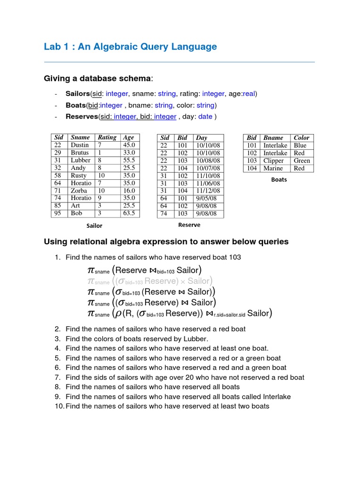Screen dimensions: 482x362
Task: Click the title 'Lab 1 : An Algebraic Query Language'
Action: [x=130, y=47]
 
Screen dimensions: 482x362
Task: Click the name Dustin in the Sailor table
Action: [x=80, y=145]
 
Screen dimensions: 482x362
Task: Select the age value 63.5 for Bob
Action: [x=129, y=213]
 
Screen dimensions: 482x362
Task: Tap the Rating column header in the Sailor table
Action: [x=107, y=137]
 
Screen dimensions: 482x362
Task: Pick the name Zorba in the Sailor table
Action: [x=79, y=191]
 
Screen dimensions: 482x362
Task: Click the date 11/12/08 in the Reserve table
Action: [x=208, y=191]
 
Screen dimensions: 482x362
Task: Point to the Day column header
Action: [x=202, y=138]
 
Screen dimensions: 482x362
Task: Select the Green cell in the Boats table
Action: [x=302, y=161]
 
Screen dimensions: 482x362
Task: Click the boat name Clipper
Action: [x=273, y=161]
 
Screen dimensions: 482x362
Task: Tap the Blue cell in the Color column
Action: [x=300, y=145]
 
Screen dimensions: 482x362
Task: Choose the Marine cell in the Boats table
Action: [x=273, y=168]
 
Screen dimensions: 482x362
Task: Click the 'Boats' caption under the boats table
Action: [x=279, y=179]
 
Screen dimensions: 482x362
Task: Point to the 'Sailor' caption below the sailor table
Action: [x=94, y=225]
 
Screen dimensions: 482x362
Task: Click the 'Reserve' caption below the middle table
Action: [x=189, y=225]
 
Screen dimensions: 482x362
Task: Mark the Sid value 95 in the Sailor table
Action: [x=58, y=213]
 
